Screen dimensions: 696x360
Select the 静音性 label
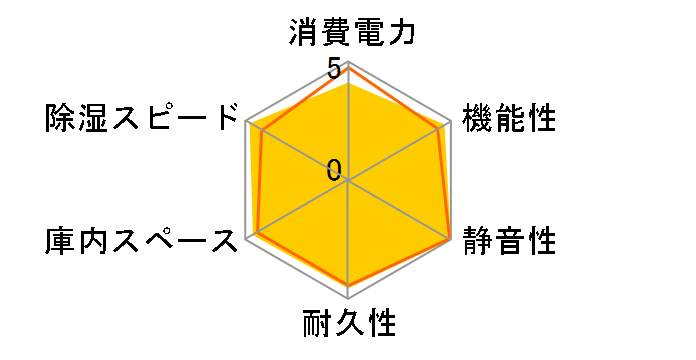[x=508, y=241]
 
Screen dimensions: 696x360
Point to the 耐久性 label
[x=349, y=325]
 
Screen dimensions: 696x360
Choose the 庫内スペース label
[x=143, y=241]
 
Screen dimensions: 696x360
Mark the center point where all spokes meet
[x=349, y=181]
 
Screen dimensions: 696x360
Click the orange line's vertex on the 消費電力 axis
[x=349, y=67]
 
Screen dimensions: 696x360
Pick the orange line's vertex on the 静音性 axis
[x=450, y=239]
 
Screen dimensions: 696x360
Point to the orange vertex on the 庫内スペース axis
[x=258, y=233]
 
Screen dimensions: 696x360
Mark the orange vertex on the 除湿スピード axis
[x=262, y=131]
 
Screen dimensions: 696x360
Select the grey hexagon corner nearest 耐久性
[x=349, y=297]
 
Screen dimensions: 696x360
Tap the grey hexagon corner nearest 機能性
[x=450, y=122]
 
